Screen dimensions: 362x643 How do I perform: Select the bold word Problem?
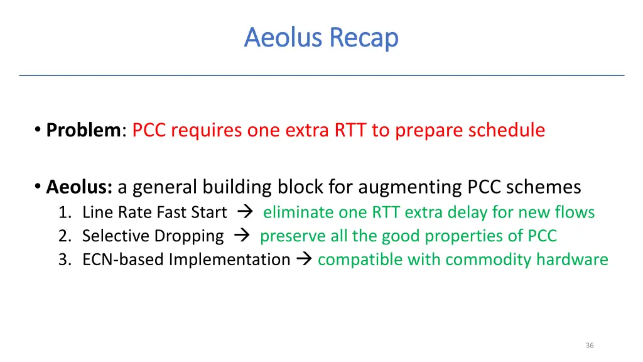84,130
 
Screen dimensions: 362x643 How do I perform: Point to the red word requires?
206,130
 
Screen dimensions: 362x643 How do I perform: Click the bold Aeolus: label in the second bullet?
79,187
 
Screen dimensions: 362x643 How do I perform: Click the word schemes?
544,187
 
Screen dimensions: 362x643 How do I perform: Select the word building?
236,187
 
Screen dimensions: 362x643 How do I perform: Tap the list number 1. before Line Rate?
65,212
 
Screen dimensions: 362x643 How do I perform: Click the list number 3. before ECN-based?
65,260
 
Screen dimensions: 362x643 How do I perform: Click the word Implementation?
229,260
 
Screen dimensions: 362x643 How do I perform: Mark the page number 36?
589,346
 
